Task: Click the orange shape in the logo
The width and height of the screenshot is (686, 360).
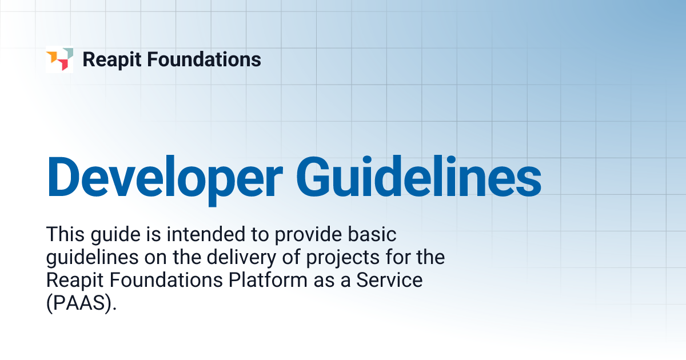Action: click(x=52, y=57)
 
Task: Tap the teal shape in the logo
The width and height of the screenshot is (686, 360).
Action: click(x=67, y=53)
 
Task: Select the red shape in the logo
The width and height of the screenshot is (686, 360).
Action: click(x=64, y=66)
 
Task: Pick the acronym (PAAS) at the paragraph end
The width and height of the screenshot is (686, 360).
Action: click(x=81, y=304)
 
